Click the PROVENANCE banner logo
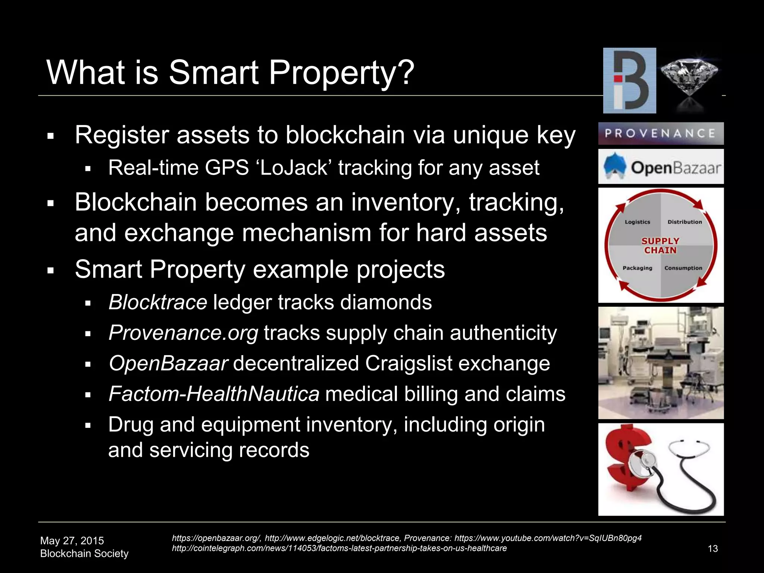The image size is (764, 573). (x=661, y=134)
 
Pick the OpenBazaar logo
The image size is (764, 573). (x=661, y=167)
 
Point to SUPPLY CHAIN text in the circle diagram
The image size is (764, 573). (x=660, y=246)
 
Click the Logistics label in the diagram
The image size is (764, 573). (x=637, y=222)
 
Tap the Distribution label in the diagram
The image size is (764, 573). (x=685, y=222)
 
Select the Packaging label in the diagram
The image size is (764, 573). (x=637, y=268)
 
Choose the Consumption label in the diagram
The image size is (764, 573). (x=683, y=268)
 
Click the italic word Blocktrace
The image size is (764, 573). (x=158, y=302)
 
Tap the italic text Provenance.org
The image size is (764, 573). (x=183, y=333)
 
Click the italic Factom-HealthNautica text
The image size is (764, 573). (x=214, y=394)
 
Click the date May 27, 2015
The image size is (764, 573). (x=72, y=541)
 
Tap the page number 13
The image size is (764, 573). (x=713, y=549)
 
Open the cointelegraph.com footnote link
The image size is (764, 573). (x=339, y=548)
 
